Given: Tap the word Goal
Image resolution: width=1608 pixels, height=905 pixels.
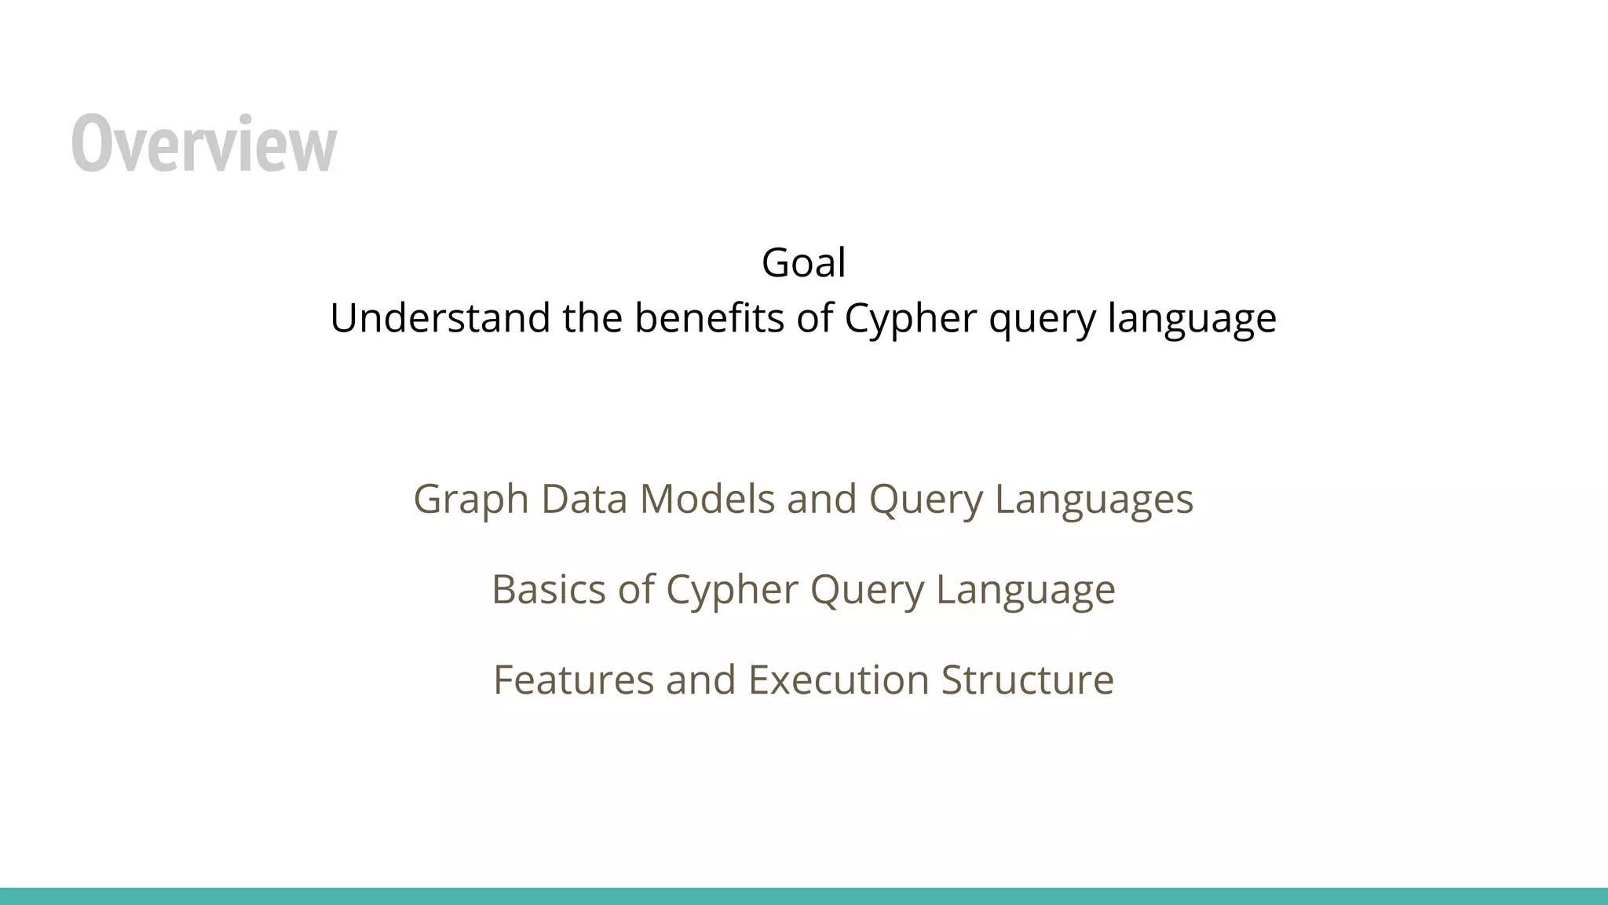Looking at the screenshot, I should pyautogui.click(x=803, y=262).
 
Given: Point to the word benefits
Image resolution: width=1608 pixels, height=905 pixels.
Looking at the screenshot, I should pyautogui.click(x=709, y=318).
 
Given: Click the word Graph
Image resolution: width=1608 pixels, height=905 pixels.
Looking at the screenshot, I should pyautogui.click(x=471, y=500).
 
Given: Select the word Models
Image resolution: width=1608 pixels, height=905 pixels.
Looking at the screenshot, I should pyautogui.click(x=707, y=499).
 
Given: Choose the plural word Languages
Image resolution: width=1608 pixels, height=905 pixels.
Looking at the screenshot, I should pyautogui.click(x=1094, y=500).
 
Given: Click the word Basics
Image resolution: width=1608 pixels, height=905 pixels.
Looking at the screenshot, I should pyautogui.click(x=548, y=589).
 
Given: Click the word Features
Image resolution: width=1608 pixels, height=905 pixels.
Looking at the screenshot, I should pyautogui.click(x=573, y=680).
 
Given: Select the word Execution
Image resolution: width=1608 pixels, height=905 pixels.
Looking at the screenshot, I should pyautogui.click(x=838, y=680).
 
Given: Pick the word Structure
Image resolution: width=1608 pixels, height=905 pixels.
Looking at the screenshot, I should pyautogui.click(x=1027, y=680).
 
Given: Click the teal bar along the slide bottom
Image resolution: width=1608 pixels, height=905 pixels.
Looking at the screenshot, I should pyautogui.click(x=804, y=896).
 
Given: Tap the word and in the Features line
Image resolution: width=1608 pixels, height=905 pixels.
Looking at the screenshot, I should pyautogui.click(x=700, y=680).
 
